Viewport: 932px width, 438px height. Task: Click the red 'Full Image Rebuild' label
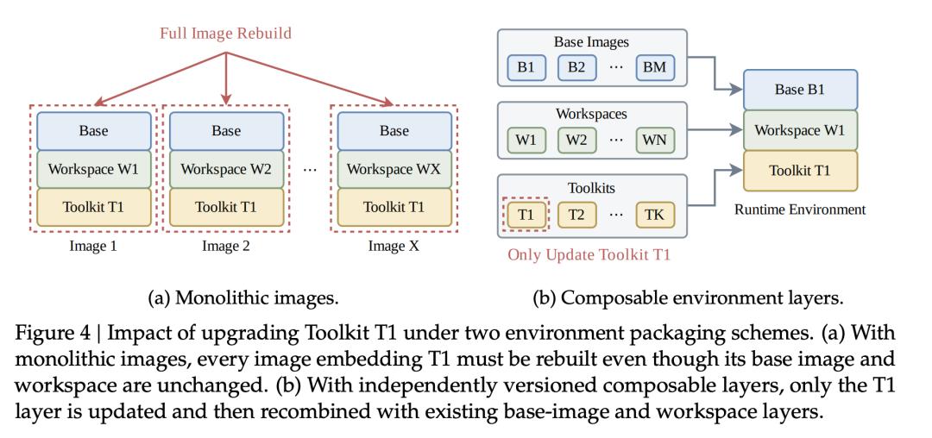pyautogui.click(x=225, y=33)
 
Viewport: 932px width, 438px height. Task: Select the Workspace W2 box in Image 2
pyautogui.click(x=226, y=169)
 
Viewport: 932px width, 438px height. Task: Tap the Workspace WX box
pyautogui.click(x=394, y=169)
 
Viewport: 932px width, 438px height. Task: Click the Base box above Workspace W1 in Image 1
pyautogui.click(x=94, y=130)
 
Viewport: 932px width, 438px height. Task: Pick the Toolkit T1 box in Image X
pyautogui.click(x=394, y=207)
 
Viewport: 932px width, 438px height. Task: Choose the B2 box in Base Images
pyautogui.click(x=576, y=67)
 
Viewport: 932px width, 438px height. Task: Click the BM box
pyautogui.click(x=654, y=67)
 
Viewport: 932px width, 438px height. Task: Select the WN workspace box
pyautogui.click(x=654, y=141)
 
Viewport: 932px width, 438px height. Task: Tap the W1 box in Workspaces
pyautogui.click(x=526, y=141)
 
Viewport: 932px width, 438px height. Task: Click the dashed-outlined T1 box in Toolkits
pyautogui.click(x=526, y=214)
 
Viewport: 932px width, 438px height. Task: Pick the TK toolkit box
pyautogui.click(x=654, y=214)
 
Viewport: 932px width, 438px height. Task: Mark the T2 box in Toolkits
pyautogui.click(x=576, y=214)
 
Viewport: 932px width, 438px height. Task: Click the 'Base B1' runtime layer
pyautogui.click(x=801, y=91)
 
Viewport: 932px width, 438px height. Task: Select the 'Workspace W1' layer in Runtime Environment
pyautogui.click(x=801, y=130)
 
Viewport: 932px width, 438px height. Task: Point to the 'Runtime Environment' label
pyautogui.click(x=800, y=210)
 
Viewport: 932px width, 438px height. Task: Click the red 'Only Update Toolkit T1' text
pyautogui.click(x=589, y=255)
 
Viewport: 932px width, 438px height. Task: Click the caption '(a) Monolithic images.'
pyautogui.click(x=243, y=298)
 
